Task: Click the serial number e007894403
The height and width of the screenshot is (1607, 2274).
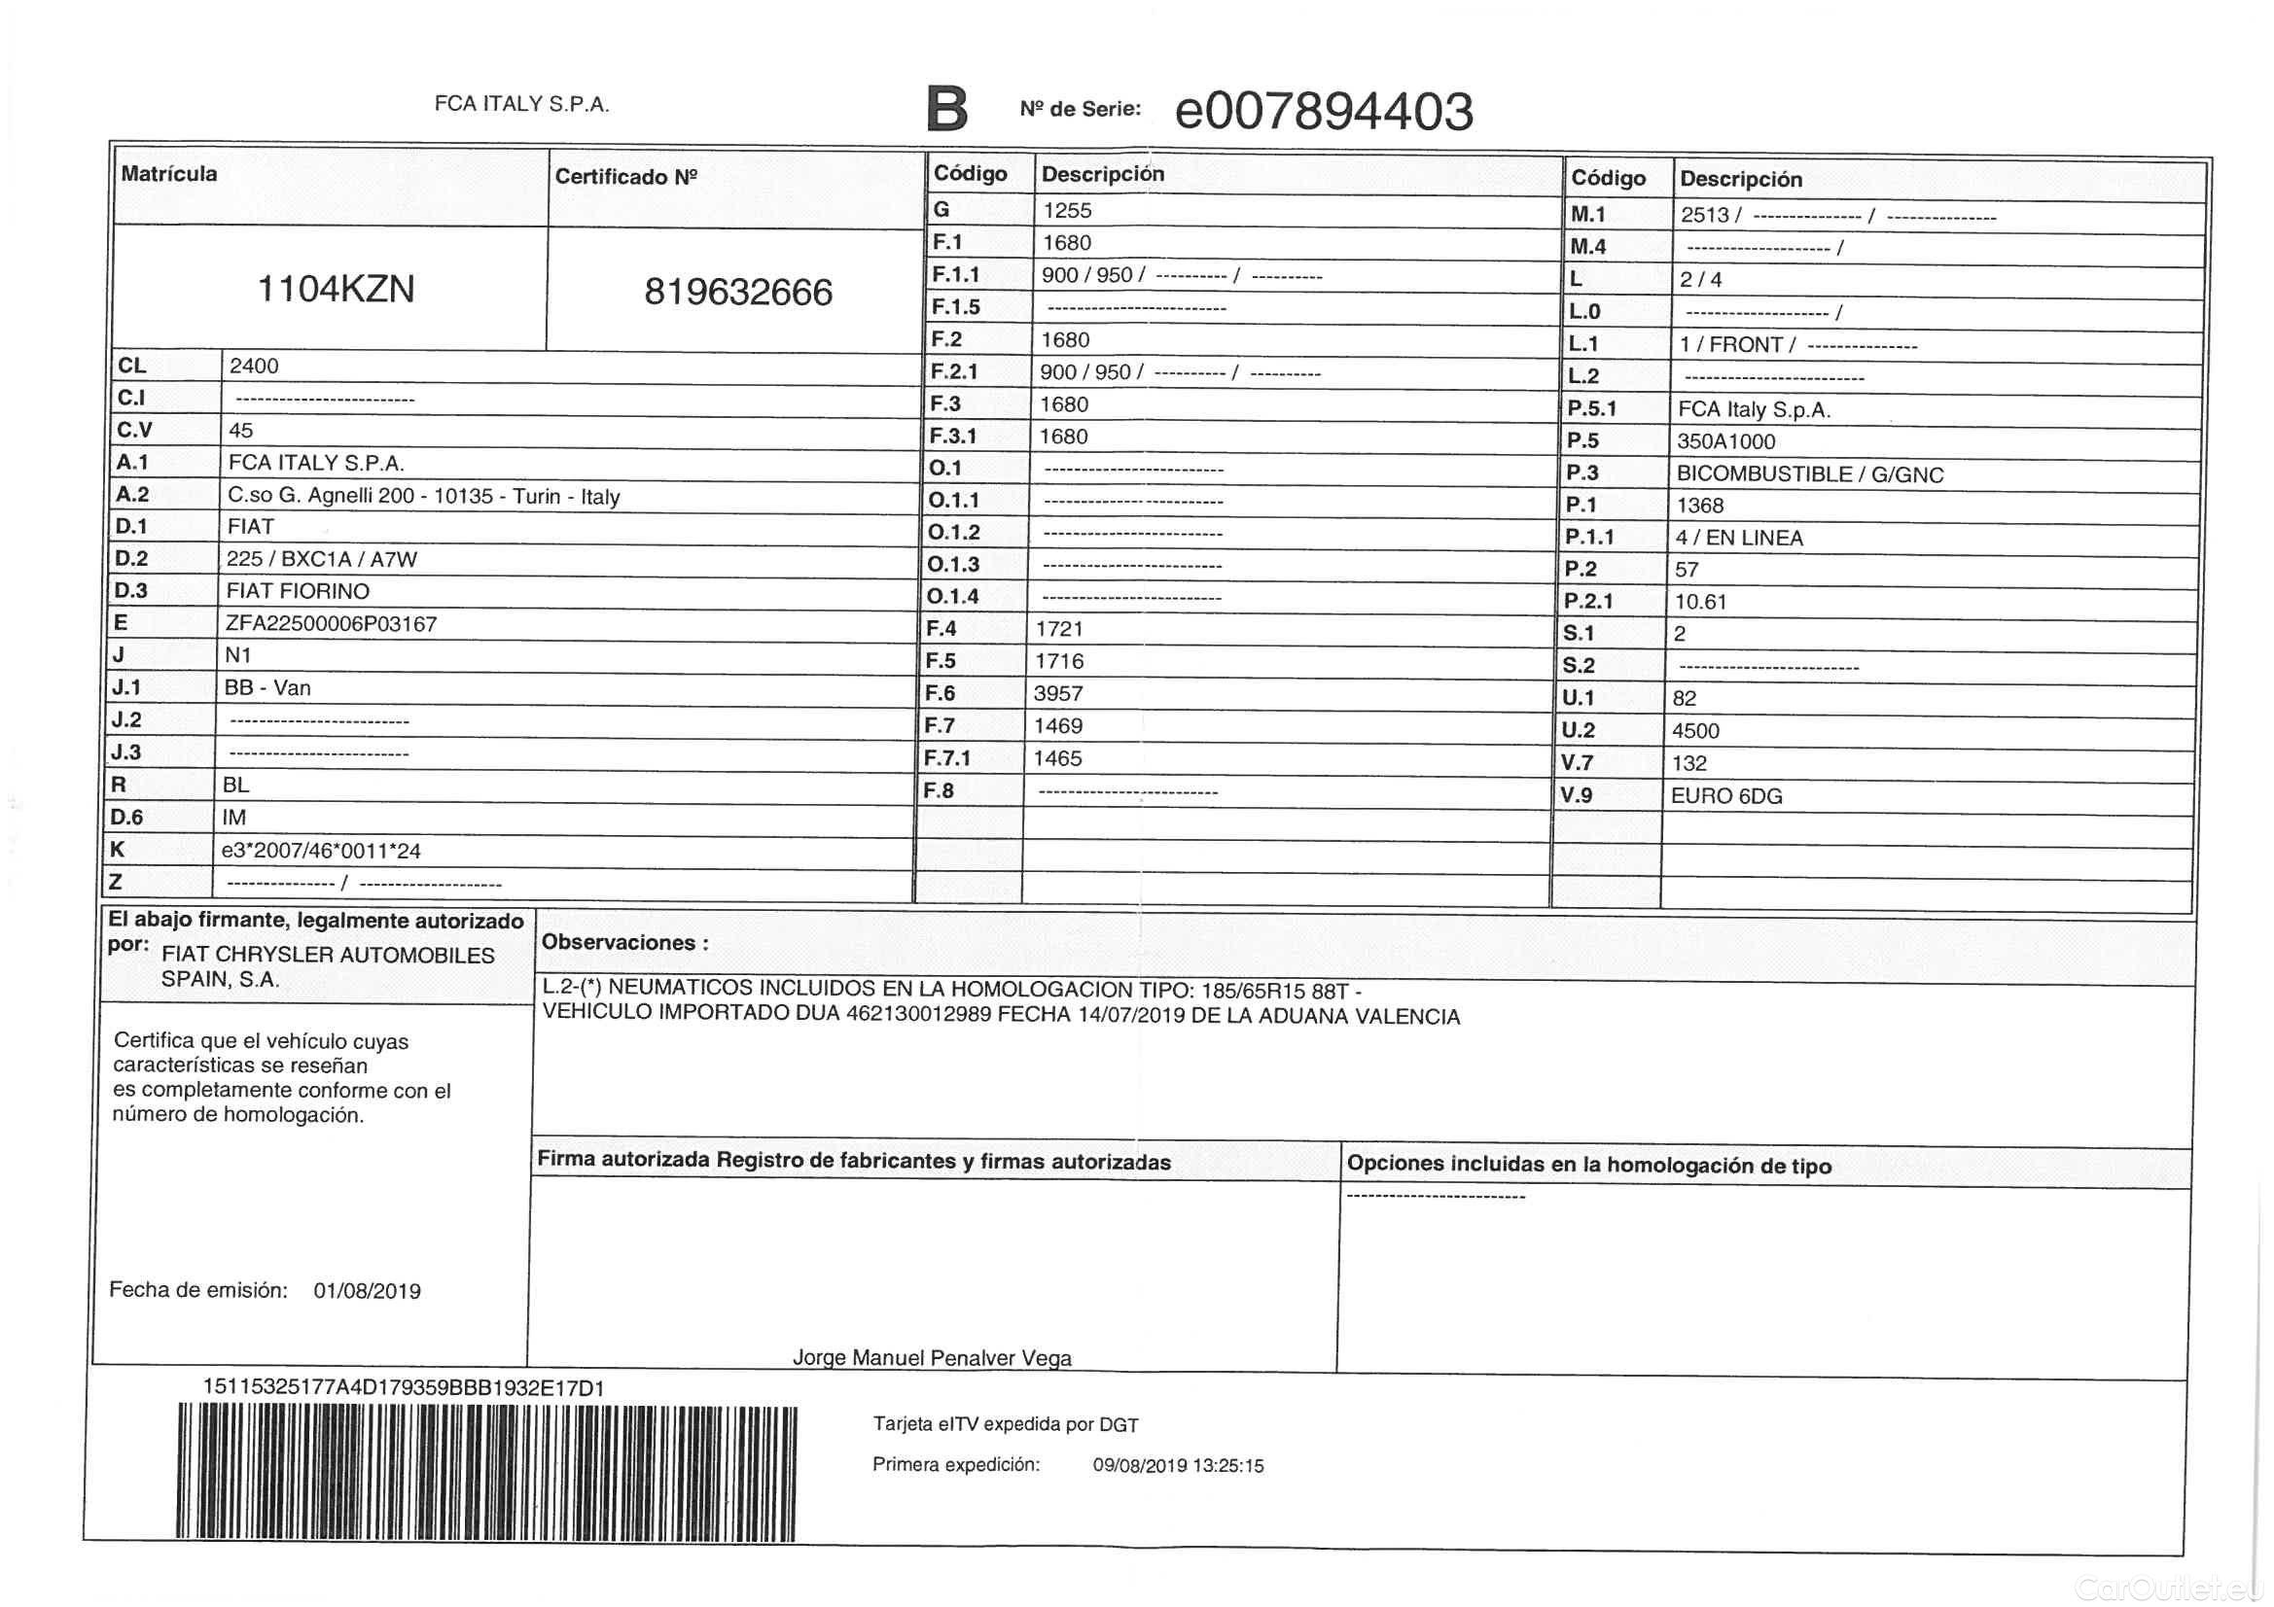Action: point(1323,111)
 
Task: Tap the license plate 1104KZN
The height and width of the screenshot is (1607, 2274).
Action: point(336,289)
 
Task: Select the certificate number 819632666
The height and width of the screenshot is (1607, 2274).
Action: point(738,292)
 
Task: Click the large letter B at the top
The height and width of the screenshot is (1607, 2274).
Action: point(945,109)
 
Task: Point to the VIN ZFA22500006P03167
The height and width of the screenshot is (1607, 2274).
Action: point(331,624)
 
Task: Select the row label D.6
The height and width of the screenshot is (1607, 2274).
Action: point(126,817)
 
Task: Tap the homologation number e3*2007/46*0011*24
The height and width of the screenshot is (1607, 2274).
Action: point(321,851)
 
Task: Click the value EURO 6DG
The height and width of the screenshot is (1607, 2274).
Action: point(1726,796)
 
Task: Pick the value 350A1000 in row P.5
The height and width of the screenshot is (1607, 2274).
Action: point(1725,441)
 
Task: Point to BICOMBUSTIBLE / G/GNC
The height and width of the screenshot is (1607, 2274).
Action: point(1809,474)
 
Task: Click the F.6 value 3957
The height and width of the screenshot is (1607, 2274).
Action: point(1058,694)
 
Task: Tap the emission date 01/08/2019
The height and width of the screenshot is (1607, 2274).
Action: point(367,1291)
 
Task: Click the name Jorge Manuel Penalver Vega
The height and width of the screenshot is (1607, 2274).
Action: point(932,1357)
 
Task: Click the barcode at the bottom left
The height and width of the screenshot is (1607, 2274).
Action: point(486,1472)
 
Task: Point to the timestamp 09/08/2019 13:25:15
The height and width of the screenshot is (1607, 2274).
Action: point(1178,1466)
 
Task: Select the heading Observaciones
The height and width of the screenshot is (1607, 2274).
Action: point(625,943)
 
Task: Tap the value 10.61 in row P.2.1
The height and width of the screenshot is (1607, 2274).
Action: point(1700,602)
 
